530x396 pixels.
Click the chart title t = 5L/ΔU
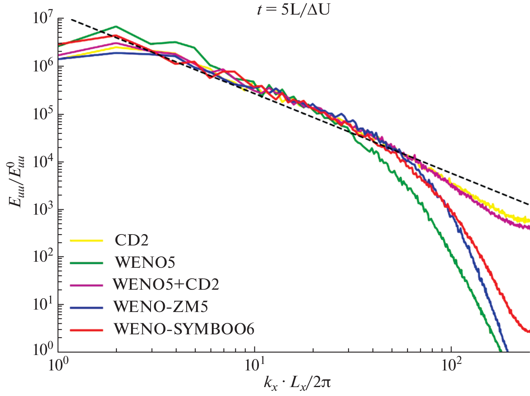click(x=293, y=9)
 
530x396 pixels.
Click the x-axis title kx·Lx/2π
click(x=297, y=382)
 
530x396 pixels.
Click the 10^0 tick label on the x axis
click(x=58, y=366)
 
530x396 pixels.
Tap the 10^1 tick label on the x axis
click(x=254, y=366)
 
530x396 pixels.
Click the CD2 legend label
click(x=131, y=240)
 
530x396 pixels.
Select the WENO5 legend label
click(x=145, y=263)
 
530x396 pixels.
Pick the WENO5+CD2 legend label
click(x=166, y=284)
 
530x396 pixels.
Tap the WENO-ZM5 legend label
click(x=161, y=307)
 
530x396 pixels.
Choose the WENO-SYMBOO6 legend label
click(x=184, y=329)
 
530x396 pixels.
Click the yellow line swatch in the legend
click(x=86, y=240)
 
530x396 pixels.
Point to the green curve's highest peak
click(x=116, y=27)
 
